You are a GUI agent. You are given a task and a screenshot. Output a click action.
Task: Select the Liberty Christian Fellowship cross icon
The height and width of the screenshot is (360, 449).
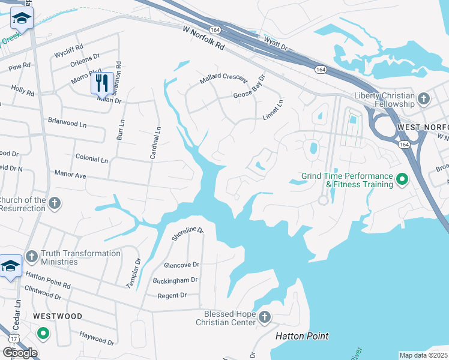click(423, 98)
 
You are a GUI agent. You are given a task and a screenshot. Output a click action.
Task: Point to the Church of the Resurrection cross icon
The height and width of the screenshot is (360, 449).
click(55, 202)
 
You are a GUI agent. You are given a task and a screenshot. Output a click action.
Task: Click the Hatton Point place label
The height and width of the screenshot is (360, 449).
click(302, 336)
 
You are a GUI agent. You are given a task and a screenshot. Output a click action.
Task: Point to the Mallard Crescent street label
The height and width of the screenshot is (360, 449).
click(223, 79)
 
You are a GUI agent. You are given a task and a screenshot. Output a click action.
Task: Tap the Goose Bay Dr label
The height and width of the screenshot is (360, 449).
click(249, 91)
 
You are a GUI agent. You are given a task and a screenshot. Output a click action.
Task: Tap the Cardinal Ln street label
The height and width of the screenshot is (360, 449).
click(157, 143)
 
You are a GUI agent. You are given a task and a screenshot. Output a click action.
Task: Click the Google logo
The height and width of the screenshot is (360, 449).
click(20, 352)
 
